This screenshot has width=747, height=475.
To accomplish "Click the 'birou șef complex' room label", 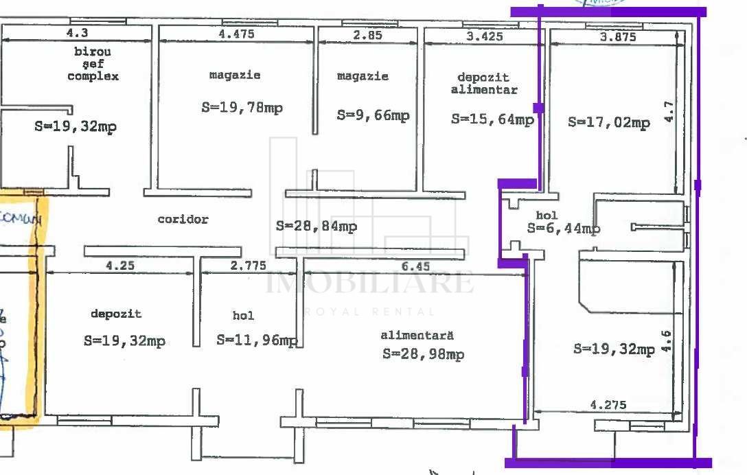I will [x=93, y=64].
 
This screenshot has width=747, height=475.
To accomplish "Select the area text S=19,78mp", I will [x=242, y=108].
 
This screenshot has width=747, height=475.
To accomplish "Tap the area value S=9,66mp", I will [x=373, y=115].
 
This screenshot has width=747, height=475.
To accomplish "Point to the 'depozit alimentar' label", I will [x=484, y=84].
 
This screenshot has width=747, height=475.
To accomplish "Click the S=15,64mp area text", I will [x=492, y=119].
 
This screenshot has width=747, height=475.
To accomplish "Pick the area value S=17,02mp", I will [x=608, y=123].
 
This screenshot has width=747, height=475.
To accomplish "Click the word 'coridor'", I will [x=183, y=220].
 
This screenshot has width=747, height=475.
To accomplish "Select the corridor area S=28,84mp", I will [x=316, y=226].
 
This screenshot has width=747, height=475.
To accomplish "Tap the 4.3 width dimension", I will [x=77, y=32].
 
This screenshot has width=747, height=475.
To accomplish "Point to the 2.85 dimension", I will [x=367, y=35].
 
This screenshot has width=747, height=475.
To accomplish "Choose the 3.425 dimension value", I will [x=484, y=36].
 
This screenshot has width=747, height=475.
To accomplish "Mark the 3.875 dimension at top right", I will [x=617, y=37].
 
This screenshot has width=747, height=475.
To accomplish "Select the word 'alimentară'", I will [x=417, y=336].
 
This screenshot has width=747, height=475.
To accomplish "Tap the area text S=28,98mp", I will [x=423, y=354].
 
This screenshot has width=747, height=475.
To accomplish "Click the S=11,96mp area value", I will [x=257, y=340].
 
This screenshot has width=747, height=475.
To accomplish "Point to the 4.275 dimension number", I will [x=608, y=405].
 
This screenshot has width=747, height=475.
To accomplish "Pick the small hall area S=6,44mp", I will [x=564, y=229].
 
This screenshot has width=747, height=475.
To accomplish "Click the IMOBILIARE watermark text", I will [x=369, y=283].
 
